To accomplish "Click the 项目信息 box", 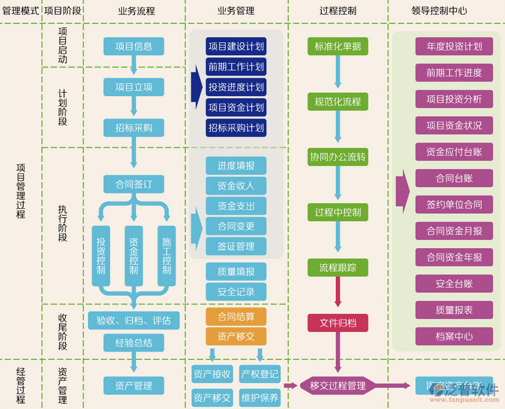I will (x=134, y=46).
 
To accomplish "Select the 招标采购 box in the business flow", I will (x=134, y=128).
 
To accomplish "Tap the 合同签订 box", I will (x=134, y=184).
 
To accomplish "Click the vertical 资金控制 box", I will (x=134, y=256).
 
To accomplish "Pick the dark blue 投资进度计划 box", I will (x=236, y=87).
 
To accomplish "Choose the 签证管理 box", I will (x=236, y=246).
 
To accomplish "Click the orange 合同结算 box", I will (x=236, y=317).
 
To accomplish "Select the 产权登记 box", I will (x=260, y=374).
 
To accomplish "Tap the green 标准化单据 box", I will (x=338, y=46).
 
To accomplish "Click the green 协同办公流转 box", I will (x=338, y=157).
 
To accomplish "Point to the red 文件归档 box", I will (x=338, y=323).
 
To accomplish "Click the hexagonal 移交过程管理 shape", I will (x=338, y=386).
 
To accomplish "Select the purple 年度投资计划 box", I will (x=454, y=46).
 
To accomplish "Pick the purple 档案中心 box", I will (x=454, y=336).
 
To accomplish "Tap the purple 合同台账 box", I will (x=454, y=178).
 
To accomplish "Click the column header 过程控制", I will (x=338, y=11).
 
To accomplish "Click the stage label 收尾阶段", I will (x=62, y=332).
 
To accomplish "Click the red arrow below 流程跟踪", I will (x=338, y=292).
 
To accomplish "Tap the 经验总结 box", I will (x=134, y=343).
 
